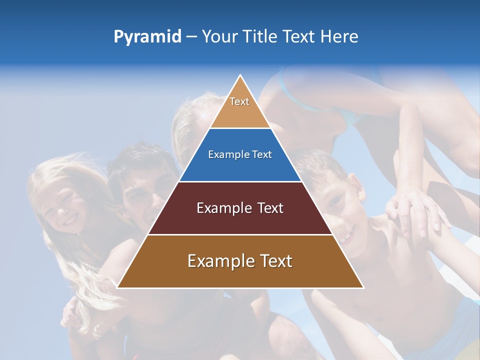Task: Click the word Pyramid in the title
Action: click(147, 37)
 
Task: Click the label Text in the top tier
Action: click(239, 101)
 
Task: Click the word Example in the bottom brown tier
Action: click(219, 261)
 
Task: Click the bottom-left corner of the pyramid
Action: click(117, 288)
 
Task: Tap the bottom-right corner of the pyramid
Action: click(363, 288)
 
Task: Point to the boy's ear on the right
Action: click(355, 183)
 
